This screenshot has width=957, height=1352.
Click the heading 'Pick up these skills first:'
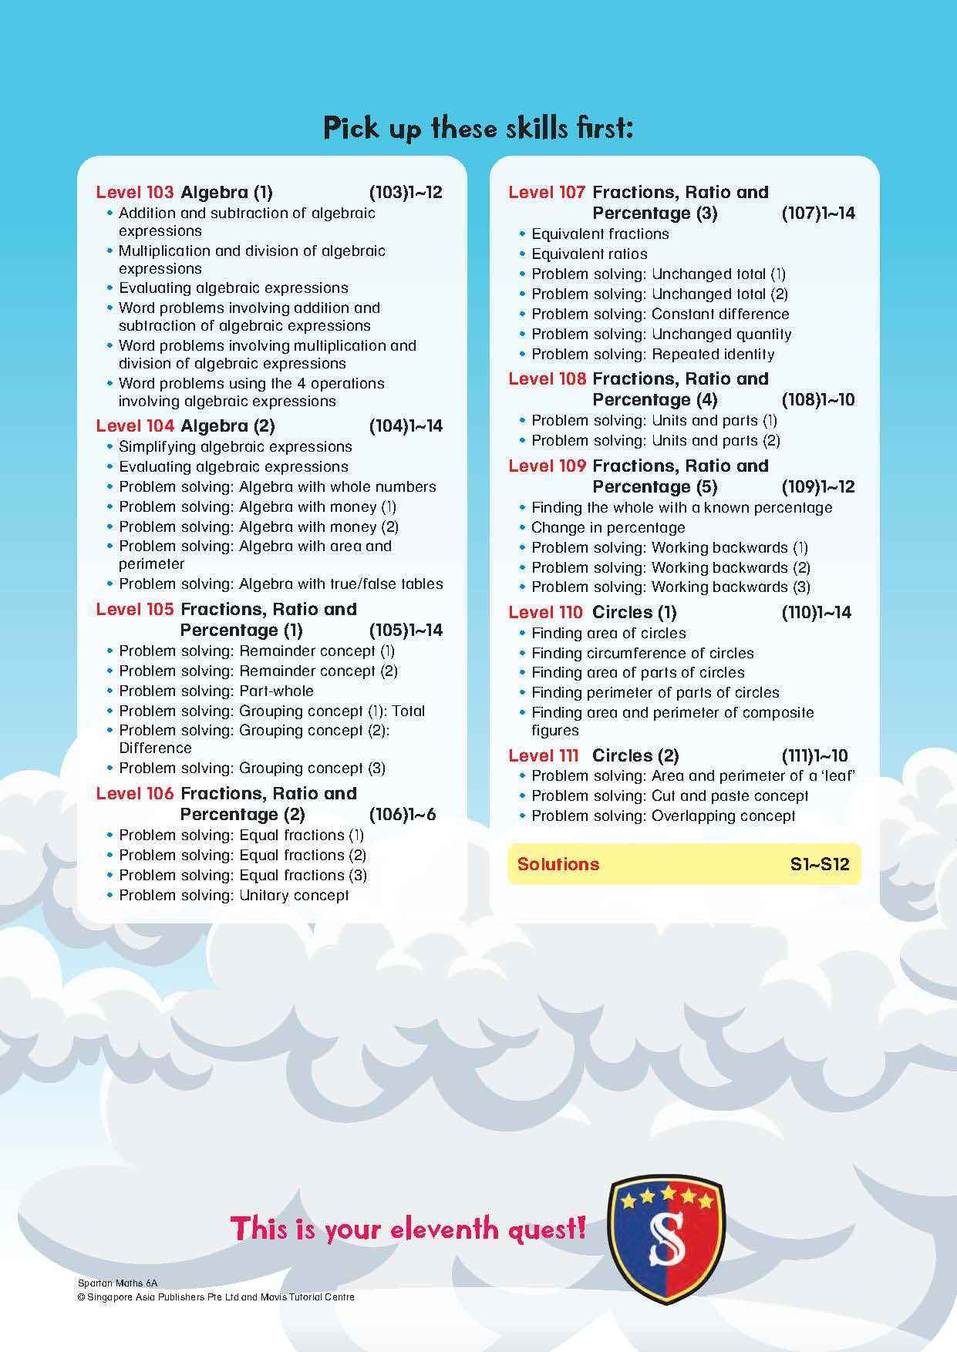coord(478,128)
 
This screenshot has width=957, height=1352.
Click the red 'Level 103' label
coord(135,193)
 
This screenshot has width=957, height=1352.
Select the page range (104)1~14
coord(406,426)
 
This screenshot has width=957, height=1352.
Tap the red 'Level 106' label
coord(135,794)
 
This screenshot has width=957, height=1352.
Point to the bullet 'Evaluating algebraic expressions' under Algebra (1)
coord(233,288)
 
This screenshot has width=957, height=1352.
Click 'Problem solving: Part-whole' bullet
coord(216,691)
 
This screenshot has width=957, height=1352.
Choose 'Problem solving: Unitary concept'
coord(234,896)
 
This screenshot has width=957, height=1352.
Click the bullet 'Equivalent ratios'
coord(589,254)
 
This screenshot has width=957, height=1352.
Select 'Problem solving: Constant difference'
coord(660,314)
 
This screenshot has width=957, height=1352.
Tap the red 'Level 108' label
coord(548,379)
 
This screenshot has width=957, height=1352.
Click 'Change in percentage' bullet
coord(608,528)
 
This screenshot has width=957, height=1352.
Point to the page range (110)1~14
coord(816,613)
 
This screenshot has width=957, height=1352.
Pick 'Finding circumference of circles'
coord(642,653)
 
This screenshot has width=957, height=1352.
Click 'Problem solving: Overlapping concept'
coord(663,816)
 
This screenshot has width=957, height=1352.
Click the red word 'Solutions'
coord(558,864)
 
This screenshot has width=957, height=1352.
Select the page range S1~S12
coord(819,864)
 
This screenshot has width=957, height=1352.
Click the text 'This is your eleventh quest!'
coord(408,1228)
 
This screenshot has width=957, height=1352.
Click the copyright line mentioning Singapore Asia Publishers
coord(216,1297)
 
